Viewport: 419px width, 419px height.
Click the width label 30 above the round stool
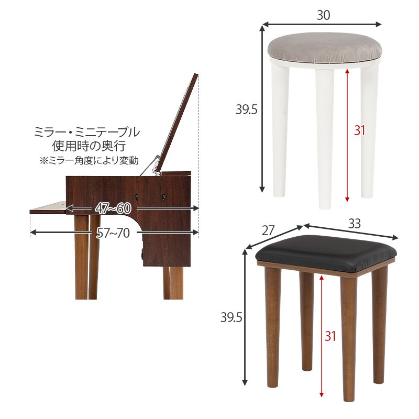[x=323, y=16]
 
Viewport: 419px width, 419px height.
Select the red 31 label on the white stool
[x=359, y=130]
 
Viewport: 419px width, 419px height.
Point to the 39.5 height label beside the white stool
[x=246, y=109]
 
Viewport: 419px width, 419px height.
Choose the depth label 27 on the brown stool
[x=268, y=231]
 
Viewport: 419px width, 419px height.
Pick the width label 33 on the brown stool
[x=355, y=224]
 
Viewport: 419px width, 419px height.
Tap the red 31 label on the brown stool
[x=330, y=336]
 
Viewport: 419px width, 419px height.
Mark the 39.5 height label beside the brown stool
[x=230, y=318]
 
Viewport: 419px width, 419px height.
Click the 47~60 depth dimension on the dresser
[x=113, y=208]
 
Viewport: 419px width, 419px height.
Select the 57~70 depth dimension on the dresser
[x=113, y=233]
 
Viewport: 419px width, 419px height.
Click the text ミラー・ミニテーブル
[x=87, y=132]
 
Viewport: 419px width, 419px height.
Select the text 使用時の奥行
[x=87, y=146]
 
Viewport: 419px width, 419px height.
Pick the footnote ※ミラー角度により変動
[x=87, y=160]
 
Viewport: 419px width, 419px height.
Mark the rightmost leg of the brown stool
[x=380, y=325]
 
